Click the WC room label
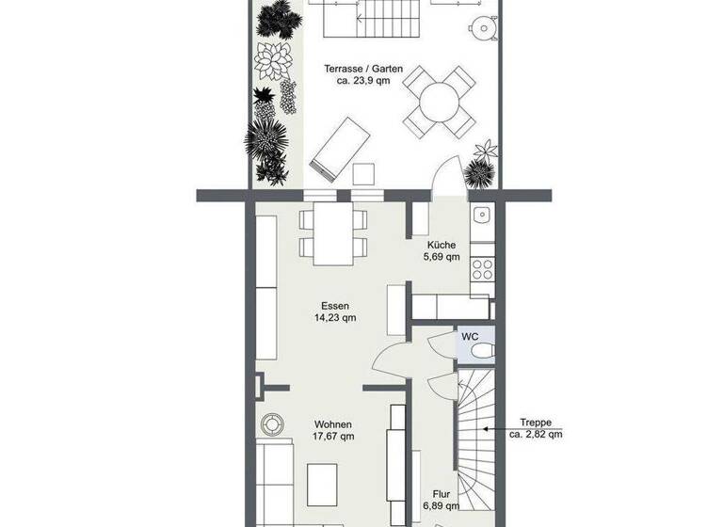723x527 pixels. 470,336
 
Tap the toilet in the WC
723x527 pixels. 481,351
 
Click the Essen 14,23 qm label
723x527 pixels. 335,311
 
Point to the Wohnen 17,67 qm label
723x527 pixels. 334,430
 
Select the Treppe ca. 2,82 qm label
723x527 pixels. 536,428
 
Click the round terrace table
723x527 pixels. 438,101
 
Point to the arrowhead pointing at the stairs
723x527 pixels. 484,428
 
